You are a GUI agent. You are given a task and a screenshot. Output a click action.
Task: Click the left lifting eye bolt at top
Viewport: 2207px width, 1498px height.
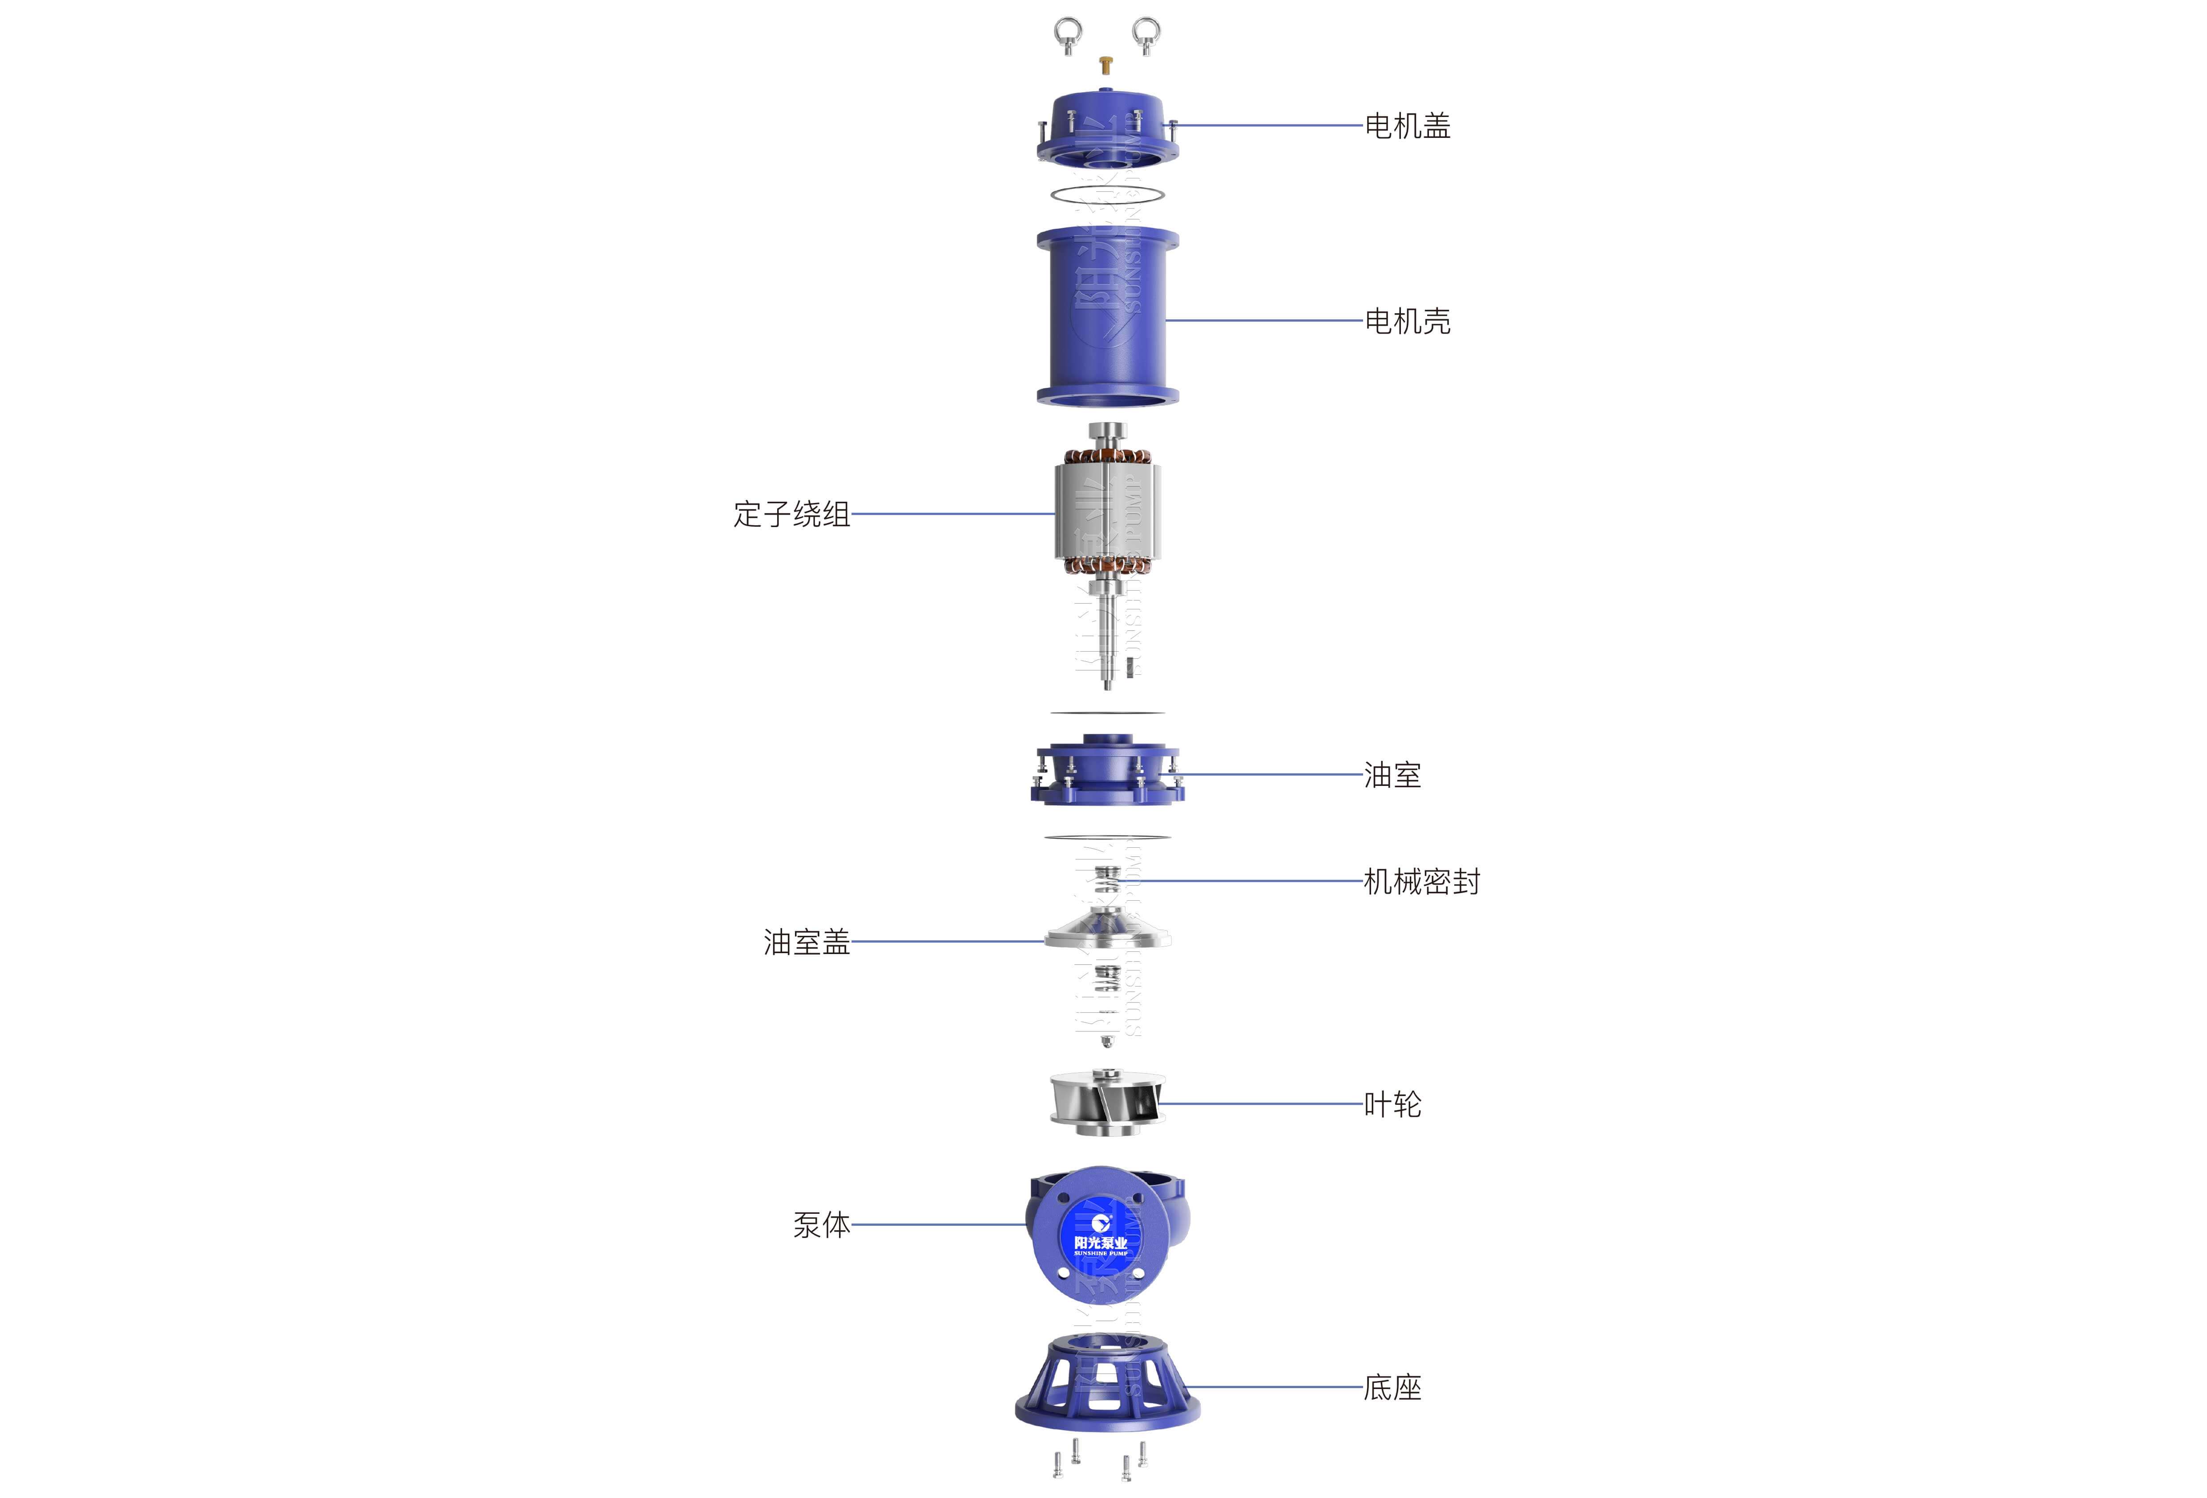(1067, 35)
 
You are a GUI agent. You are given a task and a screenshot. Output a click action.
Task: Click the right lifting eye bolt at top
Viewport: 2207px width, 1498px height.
(1146, 35)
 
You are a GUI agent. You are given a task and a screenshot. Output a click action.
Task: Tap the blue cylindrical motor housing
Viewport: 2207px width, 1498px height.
(1107, 318)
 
